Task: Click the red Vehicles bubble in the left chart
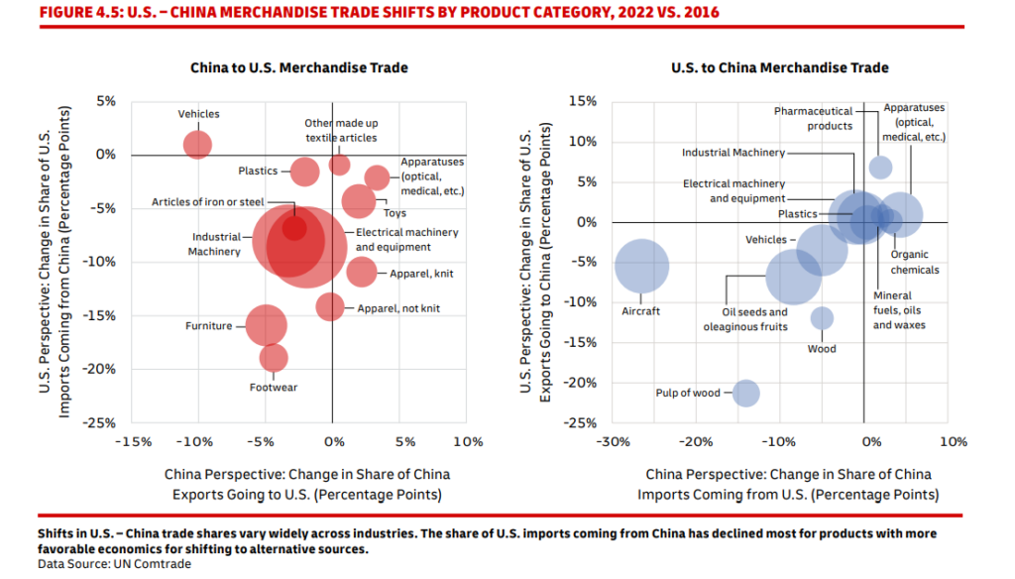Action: point(198,144)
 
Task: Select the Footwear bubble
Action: point(274,358)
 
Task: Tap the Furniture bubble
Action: point(266,325)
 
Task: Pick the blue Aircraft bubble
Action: point(641,267)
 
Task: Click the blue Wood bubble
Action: point(822,318)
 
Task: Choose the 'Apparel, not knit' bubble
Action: point(330,306)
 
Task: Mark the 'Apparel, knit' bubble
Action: point(362,272)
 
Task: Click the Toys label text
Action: point(394,213)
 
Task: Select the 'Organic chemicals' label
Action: point(914,262)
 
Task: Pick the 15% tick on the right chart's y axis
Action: point(583,101)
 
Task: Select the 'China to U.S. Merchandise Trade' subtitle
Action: point(299,67)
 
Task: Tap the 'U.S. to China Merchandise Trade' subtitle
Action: point(779,67)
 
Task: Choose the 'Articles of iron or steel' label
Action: point(207,202)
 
